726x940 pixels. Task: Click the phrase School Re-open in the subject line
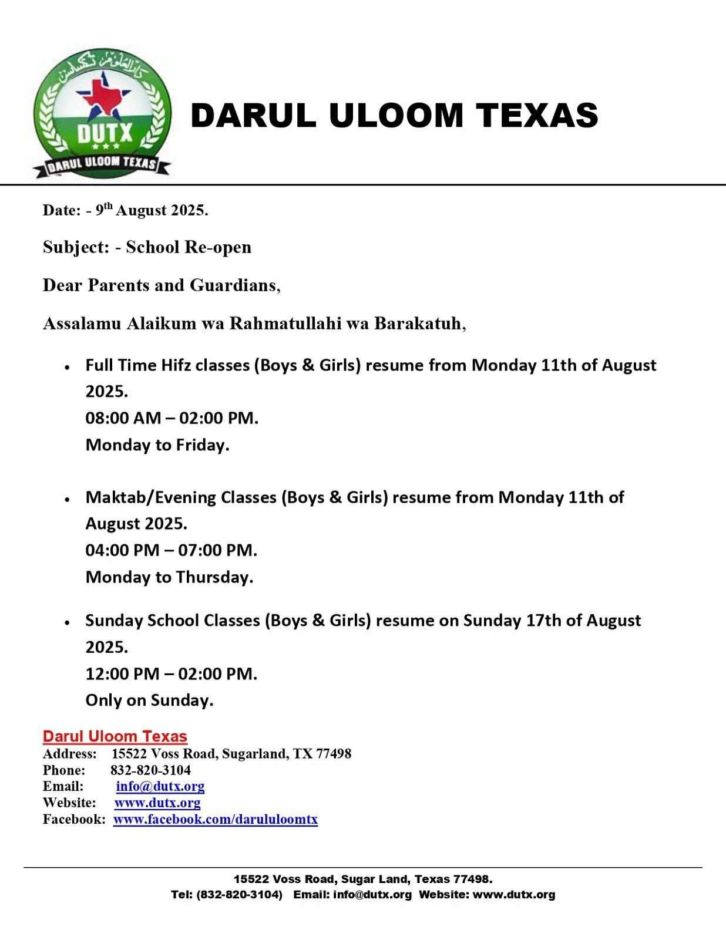(x=188, y=247)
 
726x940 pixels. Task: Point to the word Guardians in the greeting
(x=232, y=285)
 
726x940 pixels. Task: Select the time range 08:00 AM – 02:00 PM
(x=172, y=418)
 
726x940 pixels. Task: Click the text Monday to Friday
(x=157, y=445)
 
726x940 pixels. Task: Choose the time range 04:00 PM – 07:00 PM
(x=171, y=550)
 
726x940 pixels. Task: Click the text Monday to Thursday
(x=169, y=577)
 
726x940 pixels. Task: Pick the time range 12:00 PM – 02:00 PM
(x=171, y=673)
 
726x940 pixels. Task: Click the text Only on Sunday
(x=149, y=700)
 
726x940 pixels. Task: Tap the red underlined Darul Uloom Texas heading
(x=115, y=736)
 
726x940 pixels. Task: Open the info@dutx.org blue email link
(x=160, y=786)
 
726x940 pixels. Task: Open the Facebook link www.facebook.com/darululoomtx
(x=215, y=819)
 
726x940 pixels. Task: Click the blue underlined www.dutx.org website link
(x=157, y=803)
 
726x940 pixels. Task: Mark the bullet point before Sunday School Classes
(x=68, y=622)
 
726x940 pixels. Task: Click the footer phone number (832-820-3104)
(x=240, y=895)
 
